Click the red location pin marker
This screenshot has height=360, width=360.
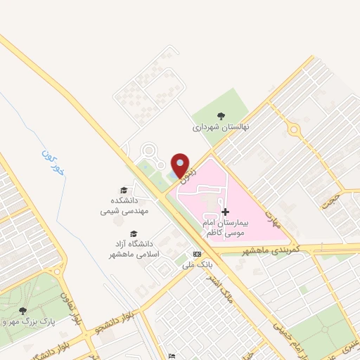point(181,165)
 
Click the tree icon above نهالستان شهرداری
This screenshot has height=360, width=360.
point(221,117)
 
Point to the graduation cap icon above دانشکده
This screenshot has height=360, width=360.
point(124,191)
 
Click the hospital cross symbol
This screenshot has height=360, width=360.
point(225,212)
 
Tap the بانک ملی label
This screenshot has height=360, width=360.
point(196,265)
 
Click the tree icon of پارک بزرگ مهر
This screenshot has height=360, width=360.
point(23,311)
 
